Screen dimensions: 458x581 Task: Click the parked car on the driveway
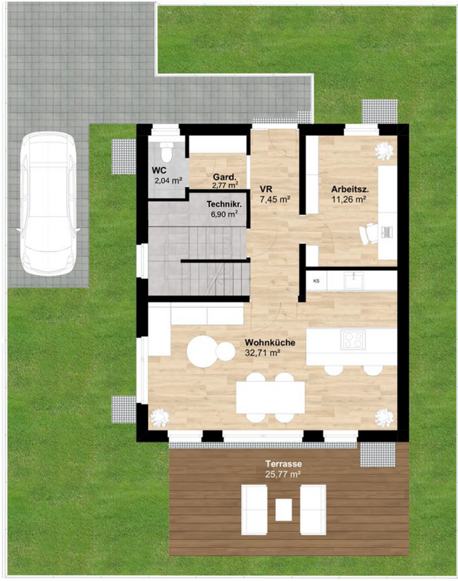click(x=48, y=203)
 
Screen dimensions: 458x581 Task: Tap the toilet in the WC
click(x=167, y=153)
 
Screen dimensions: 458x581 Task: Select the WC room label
click(x=159, y=171)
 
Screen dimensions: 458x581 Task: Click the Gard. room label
click(x=224, y=177)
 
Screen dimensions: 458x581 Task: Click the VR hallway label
click(x=266, y=190)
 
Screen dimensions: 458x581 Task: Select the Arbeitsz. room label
click(x=350, y=190)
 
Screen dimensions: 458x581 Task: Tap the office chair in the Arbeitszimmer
click(x=369, y=233)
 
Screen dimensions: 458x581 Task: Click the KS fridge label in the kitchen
click(x=316, y=281)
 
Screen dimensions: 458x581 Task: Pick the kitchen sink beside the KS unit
click(x=353, y=280)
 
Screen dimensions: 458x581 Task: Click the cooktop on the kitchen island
click(x=353, y=339)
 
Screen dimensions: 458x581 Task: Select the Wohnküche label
click(x=270, y=342)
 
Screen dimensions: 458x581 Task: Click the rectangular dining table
click(x=271, y=397)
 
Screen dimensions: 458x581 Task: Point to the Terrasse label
click(x=284, y=463)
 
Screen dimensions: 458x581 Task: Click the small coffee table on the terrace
click(x=284, y=510)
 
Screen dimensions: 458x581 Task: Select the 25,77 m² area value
click(x=282, y=474)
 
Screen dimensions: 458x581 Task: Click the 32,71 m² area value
click(x=262, y=353)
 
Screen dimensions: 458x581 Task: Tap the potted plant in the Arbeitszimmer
click(x=384, y=151)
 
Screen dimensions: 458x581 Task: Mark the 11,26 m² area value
click(x=349, y=199)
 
